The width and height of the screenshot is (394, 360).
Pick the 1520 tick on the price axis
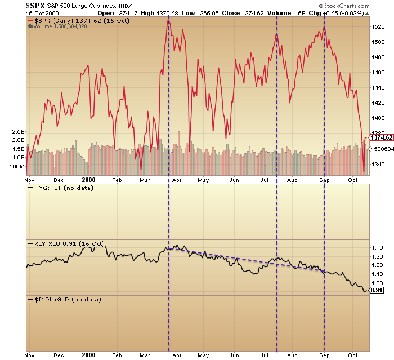[x=379, y=26]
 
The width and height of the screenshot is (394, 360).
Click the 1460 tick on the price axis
[x=379, y=72]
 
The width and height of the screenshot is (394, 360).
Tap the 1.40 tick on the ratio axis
[x=378, y=247]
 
